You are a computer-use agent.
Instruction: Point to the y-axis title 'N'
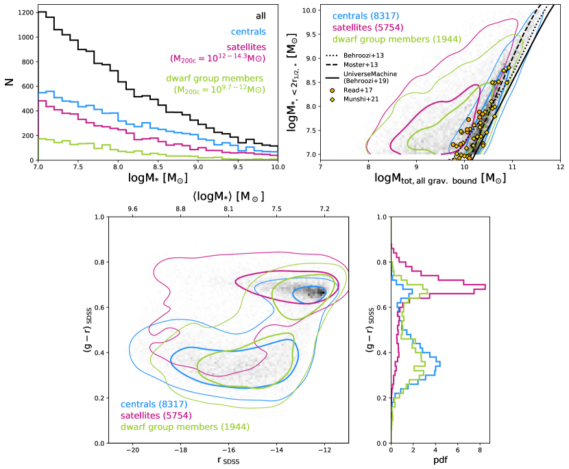(8, 82)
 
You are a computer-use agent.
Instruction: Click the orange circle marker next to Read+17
(334, 90)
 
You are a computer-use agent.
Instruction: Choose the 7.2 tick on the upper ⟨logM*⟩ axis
(324, 208)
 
